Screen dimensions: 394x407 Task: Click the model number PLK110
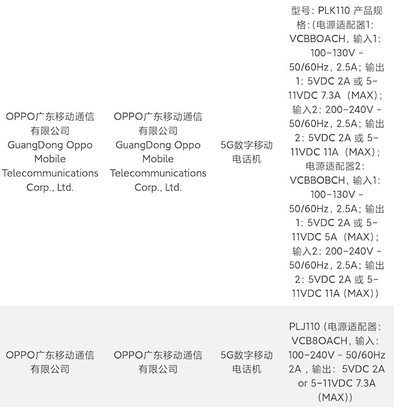pos(331,10)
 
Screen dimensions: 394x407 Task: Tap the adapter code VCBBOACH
pos(317,39)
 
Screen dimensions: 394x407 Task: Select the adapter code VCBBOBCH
pos(317,180)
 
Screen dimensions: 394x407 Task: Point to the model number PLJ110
pos(304,326)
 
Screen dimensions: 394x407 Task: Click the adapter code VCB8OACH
pos(320,341)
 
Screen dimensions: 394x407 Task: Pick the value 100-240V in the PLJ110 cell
pos(312,355)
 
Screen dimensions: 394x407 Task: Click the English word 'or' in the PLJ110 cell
pos(303,383)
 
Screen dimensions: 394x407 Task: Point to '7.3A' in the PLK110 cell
pos(331,95)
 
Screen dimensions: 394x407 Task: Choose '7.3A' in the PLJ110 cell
pos(366,383)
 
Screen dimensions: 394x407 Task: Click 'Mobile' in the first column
pos(50,159)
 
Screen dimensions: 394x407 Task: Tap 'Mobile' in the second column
pos(158,159)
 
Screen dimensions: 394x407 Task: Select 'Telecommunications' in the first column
pos(50,173)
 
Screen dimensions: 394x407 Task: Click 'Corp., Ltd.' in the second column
pos(158,187)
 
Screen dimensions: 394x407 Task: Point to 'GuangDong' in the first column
pos(34,145)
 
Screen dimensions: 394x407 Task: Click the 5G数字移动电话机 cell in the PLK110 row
pos(247,152)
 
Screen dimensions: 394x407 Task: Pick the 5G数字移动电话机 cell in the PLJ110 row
pos(247,362)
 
